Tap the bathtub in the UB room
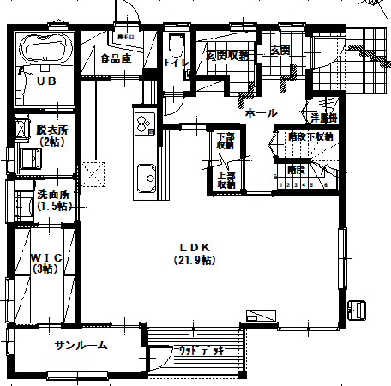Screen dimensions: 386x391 point(43,48)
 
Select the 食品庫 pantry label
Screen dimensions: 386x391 point(114,59)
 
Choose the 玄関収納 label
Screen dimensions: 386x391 point(226,55)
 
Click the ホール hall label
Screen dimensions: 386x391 point(260,112)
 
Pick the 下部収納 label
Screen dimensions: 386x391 point(226,141)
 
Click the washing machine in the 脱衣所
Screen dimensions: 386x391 point(28,158)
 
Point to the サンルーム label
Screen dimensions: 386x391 point(81,346)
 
